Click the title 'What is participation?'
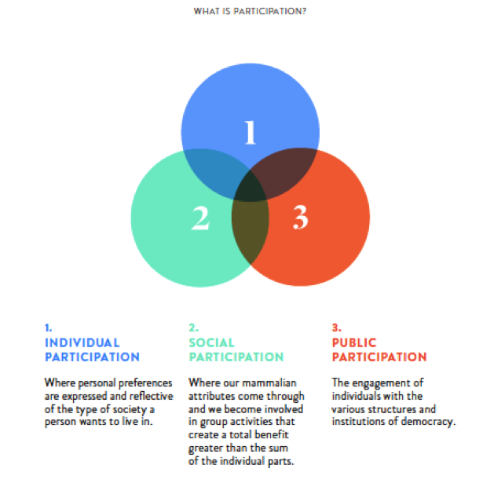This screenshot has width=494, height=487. [x=250, y=13]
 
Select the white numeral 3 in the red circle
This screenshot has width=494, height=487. [x=300, y=218]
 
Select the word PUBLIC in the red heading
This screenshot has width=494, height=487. [x=354, y=342]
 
